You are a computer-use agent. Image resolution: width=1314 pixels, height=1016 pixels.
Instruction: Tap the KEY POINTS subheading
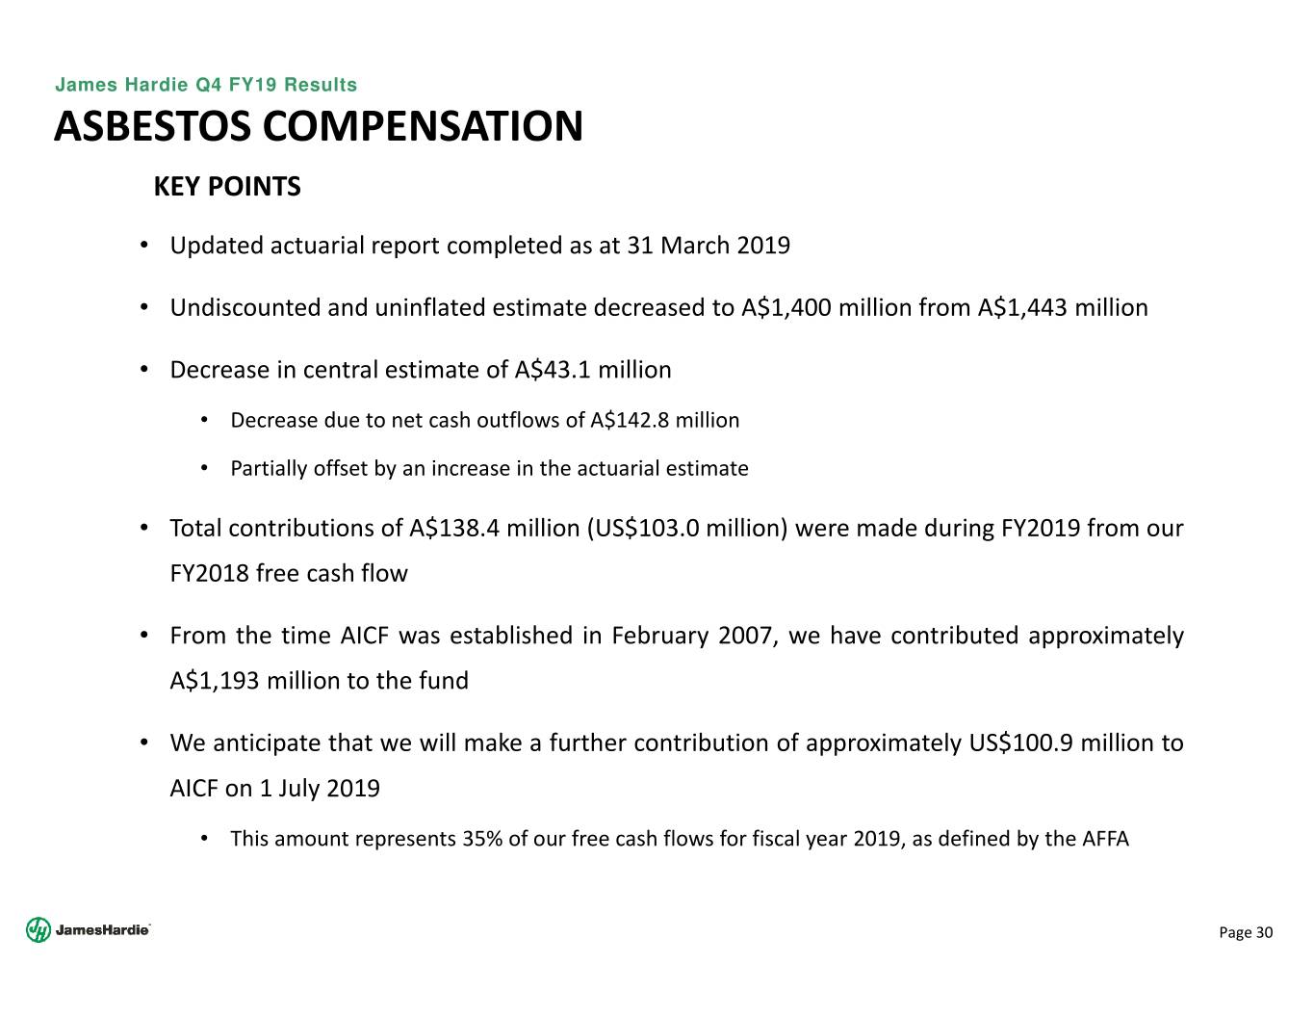tap(227, 187)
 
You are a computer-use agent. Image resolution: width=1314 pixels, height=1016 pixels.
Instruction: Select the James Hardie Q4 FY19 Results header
tap(206, 85)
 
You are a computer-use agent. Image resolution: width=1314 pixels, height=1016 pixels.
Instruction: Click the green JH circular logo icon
tap(38, 929)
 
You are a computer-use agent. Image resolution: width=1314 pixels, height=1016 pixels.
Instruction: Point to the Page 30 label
tap(1246, 932)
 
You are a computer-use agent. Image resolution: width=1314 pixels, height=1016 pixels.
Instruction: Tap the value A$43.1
tap(553, 371)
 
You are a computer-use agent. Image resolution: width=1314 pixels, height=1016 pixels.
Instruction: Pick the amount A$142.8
tap(630, 421)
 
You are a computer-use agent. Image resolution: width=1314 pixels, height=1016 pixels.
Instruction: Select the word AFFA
tap(1105, 839)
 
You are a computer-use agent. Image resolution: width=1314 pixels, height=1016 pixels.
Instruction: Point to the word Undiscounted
tap(245, 308)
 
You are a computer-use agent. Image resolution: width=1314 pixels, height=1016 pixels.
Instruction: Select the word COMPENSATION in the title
tap(423, 127)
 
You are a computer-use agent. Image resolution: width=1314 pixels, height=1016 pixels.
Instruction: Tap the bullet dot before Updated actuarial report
tap(143, 246)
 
